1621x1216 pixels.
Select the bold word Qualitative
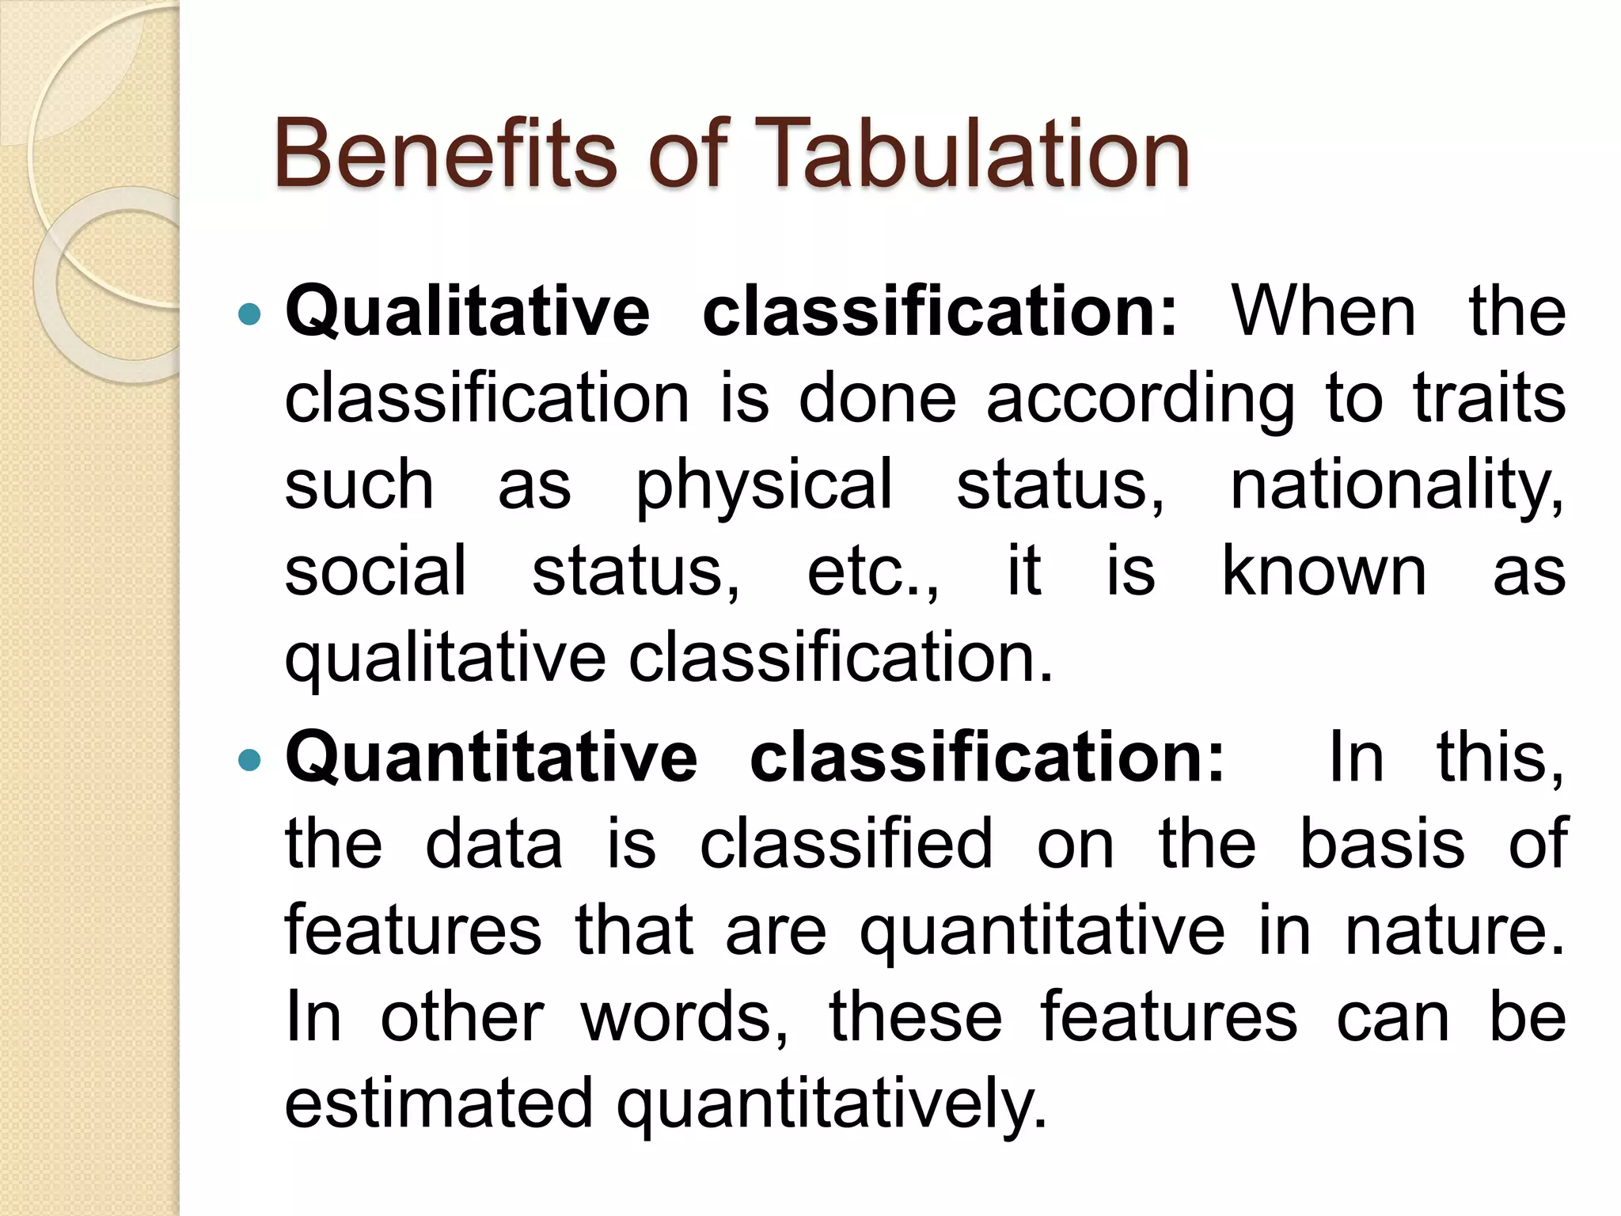(467, 313)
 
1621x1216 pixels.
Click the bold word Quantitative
(491, 758)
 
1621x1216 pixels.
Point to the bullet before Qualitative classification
(249, 314)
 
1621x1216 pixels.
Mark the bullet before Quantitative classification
(249, 760)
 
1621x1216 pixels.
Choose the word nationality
(1397, 484)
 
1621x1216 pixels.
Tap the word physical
(764, 484)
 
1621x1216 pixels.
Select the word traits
(1489, 397)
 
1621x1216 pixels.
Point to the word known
(1324, 570)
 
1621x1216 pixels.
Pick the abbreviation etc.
(872, 572)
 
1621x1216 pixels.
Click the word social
(375, 570)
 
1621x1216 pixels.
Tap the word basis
(1382, 844)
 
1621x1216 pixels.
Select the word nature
(1455, 932)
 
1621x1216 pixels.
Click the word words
(685, 1018)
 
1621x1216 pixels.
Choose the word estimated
(438, 1104)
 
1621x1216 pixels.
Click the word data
(494, 844)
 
